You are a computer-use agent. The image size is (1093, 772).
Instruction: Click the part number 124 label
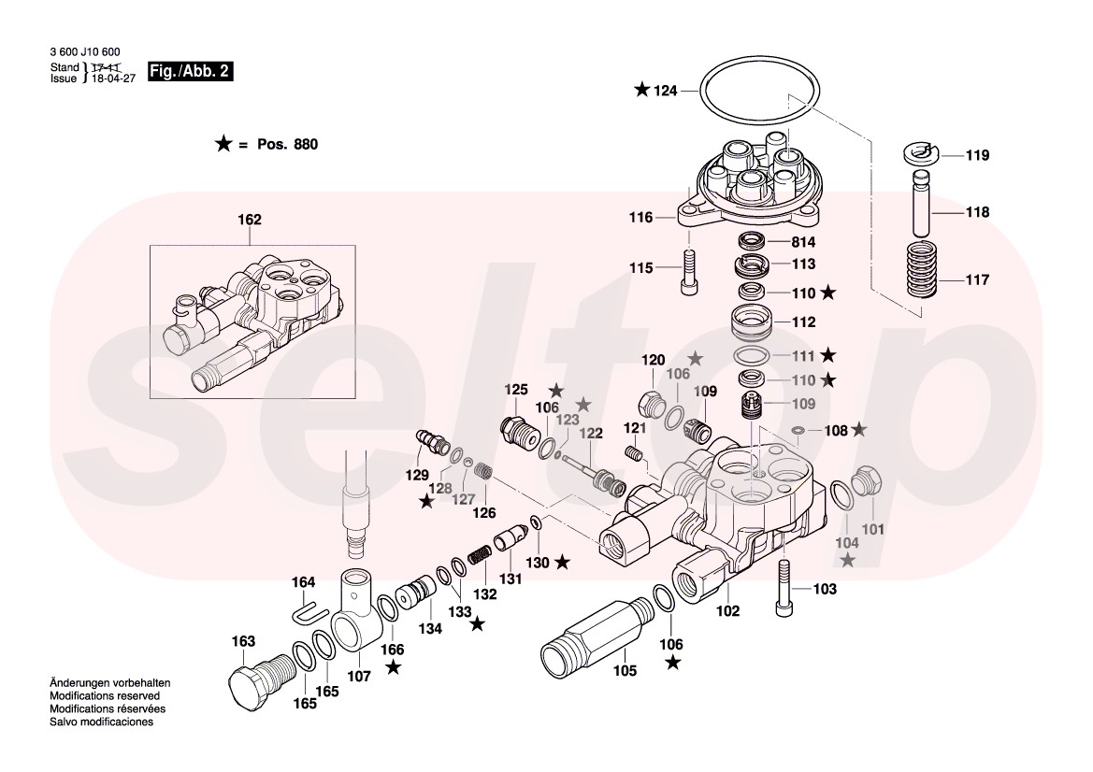point(666,91)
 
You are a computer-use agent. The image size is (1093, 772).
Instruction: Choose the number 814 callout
point(803,241)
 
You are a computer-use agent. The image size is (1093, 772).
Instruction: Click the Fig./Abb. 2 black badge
point(190,72)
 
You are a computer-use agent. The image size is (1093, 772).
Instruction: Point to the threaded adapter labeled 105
point(589,635)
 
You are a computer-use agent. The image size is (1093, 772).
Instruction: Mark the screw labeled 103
point(784,590)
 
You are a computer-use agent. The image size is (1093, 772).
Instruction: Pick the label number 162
point(249,221)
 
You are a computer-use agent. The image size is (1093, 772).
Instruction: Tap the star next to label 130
point(562,562)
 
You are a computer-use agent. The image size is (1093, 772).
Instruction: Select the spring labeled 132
point(479,554)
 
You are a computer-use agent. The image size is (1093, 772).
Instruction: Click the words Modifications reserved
point(105,696)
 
